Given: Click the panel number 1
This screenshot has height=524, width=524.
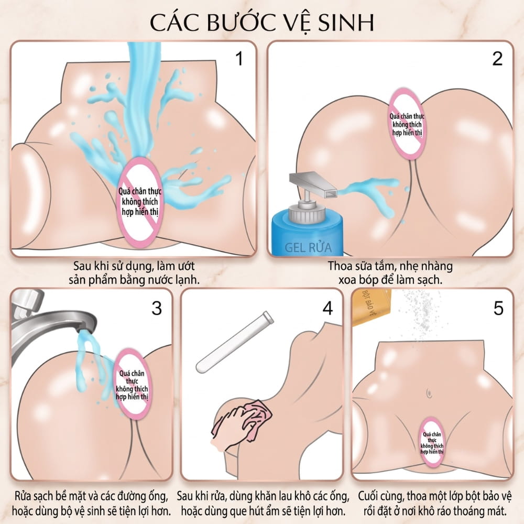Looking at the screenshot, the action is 239,59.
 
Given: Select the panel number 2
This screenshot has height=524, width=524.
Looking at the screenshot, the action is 497,59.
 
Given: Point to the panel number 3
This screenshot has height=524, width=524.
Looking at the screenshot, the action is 157,308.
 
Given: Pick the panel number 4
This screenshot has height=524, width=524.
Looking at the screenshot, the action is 327,308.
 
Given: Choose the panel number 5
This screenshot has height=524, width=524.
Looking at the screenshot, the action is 498,308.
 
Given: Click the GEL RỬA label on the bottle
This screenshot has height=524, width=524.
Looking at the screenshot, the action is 308,247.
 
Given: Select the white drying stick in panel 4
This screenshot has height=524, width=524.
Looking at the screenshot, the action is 235,342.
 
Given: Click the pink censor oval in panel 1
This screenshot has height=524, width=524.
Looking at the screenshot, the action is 140,202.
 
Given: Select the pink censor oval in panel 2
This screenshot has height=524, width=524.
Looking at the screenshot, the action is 407,124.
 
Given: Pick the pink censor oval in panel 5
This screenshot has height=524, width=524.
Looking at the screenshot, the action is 432,442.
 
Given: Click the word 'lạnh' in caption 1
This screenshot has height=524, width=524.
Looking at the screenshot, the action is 187,280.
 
